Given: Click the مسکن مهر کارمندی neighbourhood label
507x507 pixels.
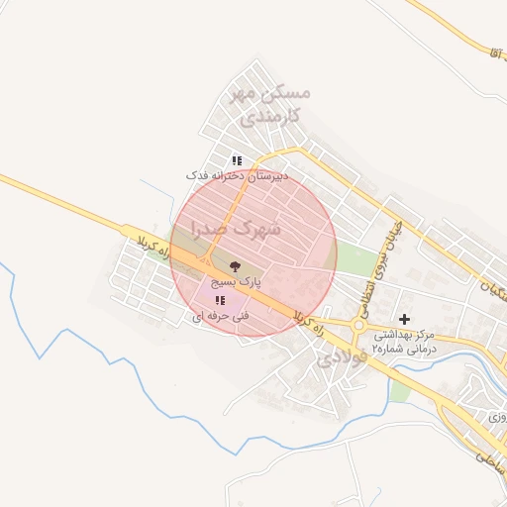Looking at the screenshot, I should point(268,103).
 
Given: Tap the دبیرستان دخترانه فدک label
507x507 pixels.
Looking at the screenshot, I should point(238,175).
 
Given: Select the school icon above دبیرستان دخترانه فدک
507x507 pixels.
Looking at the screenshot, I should point(237,159).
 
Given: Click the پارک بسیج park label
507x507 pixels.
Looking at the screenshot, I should point(235,282).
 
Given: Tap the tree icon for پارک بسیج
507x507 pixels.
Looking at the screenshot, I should point(235,265).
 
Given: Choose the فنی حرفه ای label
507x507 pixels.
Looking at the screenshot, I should point(219,316).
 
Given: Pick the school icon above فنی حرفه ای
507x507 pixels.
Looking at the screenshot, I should point(219,299).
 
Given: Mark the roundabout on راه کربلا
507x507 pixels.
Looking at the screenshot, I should point(359,325).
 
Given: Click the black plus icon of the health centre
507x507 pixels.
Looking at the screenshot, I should point(403,319).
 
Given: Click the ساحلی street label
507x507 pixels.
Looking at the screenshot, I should point(488,457).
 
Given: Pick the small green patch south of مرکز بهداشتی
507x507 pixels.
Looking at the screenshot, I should point(400,391).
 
